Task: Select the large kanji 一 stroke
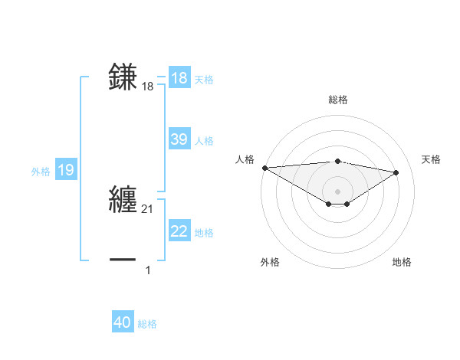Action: click(x=123, y=260)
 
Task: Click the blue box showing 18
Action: click(x=179, y=78)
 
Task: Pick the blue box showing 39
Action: click(x=179, y=139)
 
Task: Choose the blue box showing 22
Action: click(x=179, y=231)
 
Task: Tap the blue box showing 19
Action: click(x=66, y=170)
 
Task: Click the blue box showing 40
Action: click(x=123, y=322)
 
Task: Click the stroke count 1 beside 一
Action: click(x=148, y=270)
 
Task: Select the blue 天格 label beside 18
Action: click(x=204, y=80)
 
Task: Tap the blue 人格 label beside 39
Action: click(x=204, y=141)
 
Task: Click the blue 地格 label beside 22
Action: click(x=204, y=233)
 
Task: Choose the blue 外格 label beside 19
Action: click(x=41, y=172)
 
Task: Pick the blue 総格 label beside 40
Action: click(x=147, y=324)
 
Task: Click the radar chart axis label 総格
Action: click(x=337, y=100)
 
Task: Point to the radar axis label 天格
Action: click(x=432, y=159)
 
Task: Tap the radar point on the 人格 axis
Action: click(x=264, y=168)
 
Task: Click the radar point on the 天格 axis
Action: click(x=396, y=172)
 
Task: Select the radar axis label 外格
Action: click(x=270, y=262)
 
